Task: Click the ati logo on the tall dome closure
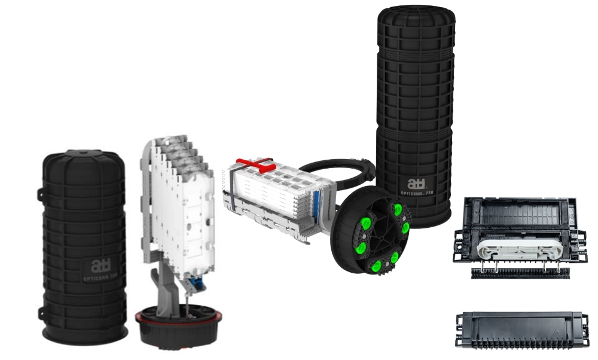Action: click(x=413, y=183)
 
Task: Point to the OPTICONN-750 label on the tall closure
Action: click(x=416, y=194)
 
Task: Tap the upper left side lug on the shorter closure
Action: click(x=39, y=193)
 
